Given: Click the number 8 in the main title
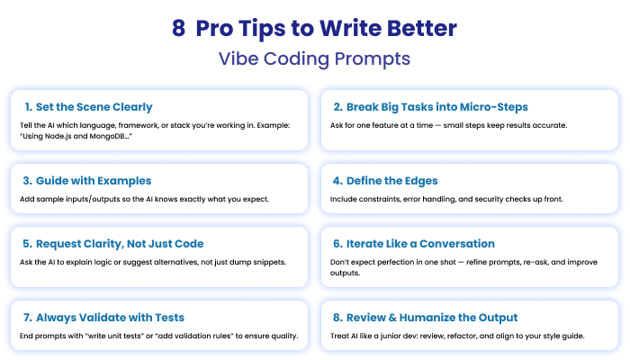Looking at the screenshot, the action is (x=178, y=28).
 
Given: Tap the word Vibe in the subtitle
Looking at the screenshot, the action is (x=238, y=58).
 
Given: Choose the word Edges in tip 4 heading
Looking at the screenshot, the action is (x=421, y=181).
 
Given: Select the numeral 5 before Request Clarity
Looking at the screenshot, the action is (x=27, y=244).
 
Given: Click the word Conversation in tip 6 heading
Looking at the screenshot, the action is (x=457, y=244).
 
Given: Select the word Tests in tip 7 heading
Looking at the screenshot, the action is (x=169, y=318).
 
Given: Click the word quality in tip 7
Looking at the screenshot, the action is (x=284, y=336).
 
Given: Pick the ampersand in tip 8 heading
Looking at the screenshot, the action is (x=392, y=318).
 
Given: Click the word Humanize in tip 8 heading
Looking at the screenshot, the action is (x=427, y=318).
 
